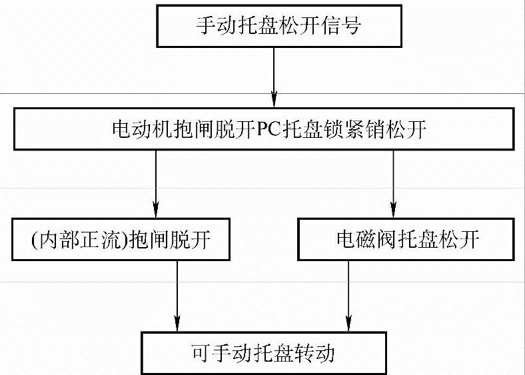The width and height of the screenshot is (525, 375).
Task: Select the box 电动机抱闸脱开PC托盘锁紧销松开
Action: pyautogui.click(x=269, y=129)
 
